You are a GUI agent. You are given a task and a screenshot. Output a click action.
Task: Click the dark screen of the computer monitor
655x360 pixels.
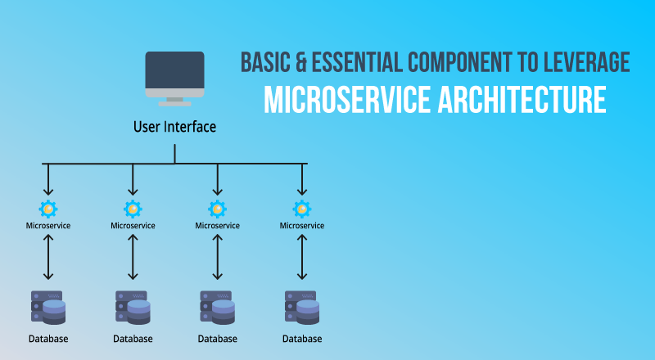pyautogui.click(x=174, y=70)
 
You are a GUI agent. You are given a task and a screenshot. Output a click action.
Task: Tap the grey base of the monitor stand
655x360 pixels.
pyautogui.click(x=174, y=104)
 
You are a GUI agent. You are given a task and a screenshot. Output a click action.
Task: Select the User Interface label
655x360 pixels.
pyautogui.click(x=174, y=127)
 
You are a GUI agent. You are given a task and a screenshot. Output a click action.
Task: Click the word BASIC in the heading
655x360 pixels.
pyautogui.click(x=265, y=62)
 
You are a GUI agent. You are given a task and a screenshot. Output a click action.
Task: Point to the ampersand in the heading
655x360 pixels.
pyautogui.click(x=301, y=62)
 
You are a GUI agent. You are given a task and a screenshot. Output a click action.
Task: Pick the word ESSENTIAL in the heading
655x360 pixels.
pyautogui.click(x=357, y=62)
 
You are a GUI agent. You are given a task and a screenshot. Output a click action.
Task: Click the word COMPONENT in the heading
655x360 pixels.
pyautogui.click(x=460, y=62)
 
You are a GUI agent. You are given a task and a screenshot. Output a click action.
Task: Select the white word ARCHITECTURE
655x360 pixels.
pyautogui.click(x=522, y=100)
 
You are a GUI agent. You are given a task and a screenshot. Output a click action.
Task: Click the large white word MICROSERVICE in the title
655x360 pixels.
pyautogui.click(x=347, y=100)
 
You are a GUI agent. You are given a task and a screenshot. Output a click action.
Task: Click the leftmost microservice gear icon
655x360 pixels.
pyautogui.click(x=48, y=209)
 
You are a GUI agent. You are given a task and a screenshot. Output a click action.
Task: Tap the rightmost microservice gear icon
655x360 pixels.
pyautogui.click(x=302, y=209)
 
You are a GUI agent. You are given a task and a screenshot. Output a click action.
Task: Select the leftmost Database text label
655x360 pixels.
pyautogui.click(x=48, y=339)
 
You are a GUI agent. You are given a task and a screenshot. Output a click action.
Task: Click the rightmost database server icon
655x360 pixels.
pyautogui.click(x=302, y=308)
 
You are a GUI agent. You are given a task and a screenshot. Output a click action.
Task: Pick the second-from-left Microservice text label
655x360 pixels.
pyautogui.click(x=133, y=226)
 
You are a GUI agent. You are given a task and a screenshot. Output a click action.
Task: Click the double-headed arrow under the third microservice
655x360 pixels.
pyautogui.click(x=217, y=257)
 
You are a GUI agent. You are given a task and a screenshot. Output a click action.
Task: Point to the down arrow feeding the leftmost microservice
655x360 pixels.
pyautogui.click(x=48, y=179)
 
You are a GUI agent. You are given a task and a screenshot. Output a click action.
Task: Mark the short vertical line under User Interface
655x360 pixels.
pyautogui.click(x=174, y=154)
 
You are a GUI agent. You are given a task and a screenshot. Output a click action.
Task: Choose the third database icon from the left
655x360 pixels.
pyautogui.click(x=217, y=308)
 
